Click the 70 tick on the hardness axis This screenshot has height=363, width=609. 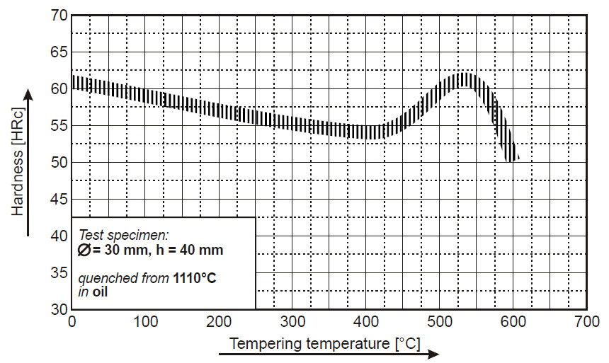[59, 14]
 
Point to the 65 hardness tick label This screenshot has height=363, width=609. [59, 52]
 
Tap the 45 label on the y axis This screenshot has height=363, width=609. [59, 199]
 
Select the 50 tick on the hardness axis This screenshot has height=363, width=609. [59, 162]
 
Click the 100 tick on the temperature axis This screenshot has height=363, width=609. [145, 321]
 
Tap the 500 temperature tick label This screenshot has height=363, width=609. [439, 321]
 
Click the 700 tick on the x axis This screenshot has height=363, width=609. [586, 321]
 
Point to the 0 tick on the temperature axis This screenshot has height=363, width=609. [72, 321]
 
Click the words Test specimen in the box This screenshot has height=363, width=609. [124, 234]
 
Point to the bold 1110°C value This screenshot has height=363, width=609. [195, 279]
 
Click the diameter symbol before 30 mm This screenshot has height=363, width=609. [84, 250]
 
